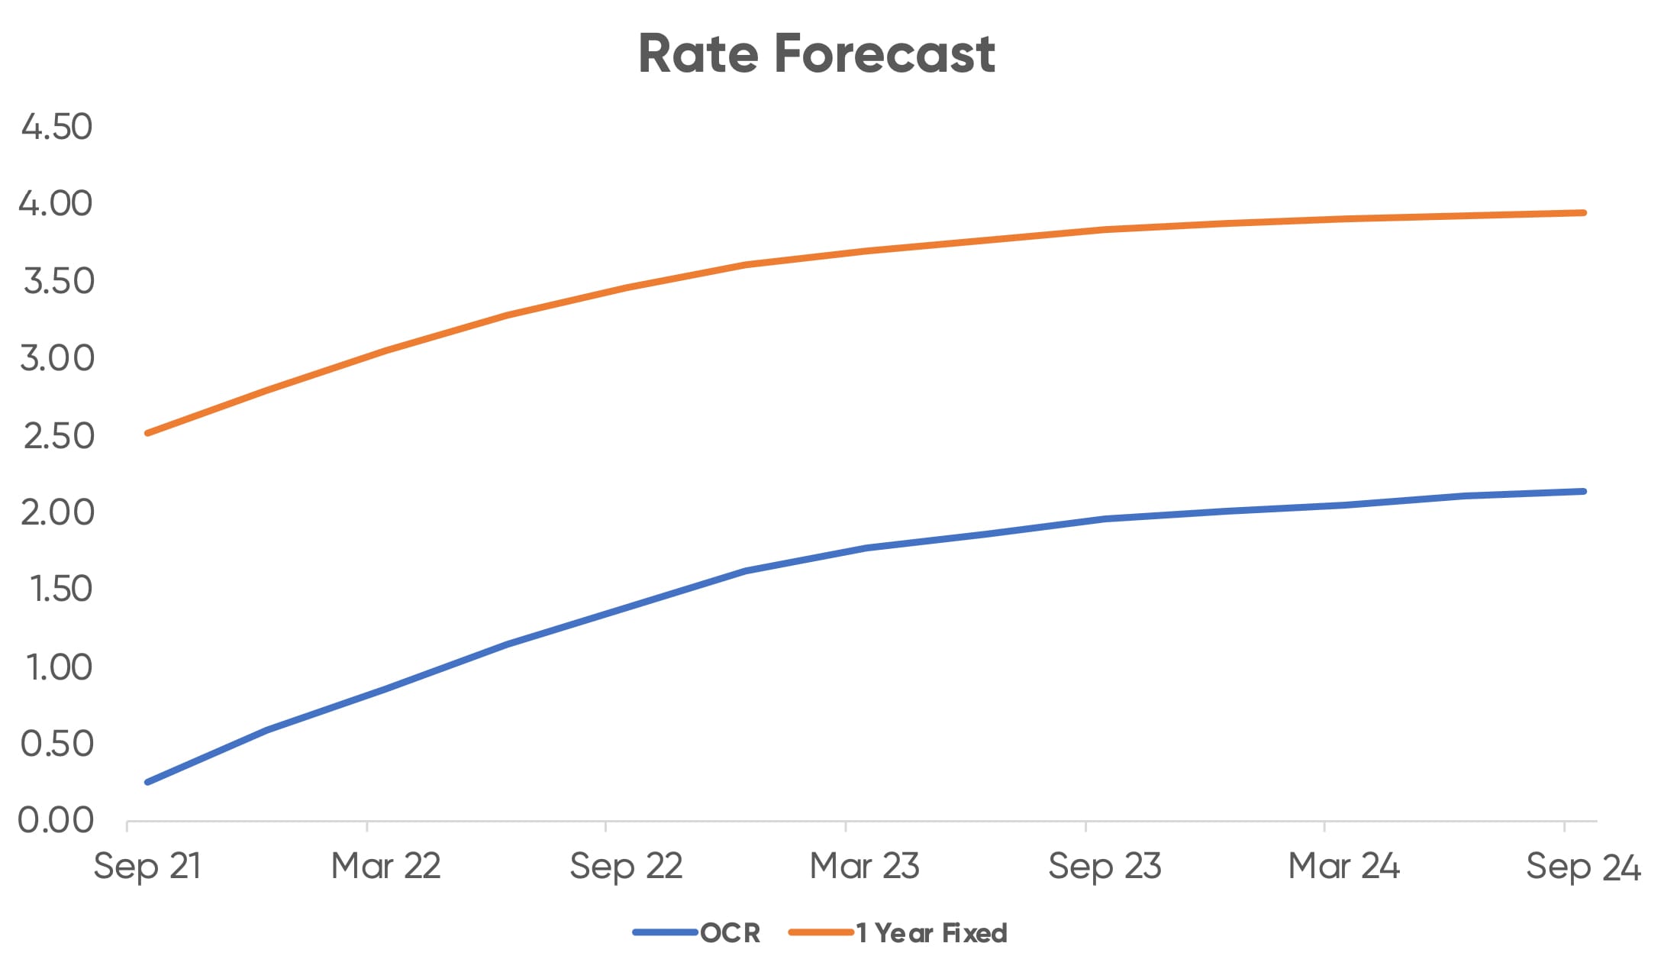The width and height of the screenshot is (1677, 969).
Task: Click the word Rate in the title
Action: pos(698,54)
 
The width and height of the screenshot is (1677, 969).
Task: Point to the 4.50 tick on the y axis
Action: pos(56,127)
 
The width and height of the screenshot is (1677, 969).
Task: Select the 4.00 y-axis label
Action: pos(56,204)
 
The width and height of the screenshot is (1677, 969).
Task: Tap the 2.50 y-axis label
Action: pos(58,436)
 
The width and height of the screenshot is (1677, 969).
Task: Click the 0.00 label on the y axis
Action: pos(56,821)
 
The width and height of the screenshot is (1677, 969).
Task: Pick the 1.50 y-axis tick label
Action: pos(60,589)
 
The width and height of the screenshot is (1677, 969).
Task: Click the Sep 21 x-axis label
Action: pos(147,867)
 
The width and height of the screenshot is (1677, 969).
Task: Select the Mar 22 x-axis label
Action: pos(385,867)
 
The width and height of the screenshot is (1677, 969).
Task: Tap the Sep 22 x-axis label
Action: pos(626,867)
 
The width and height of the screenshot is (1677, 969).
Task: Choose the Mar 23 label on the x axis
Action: pos(864,867)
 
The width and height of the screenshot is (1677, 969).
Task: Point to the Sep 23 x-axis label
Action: pos(1105,867)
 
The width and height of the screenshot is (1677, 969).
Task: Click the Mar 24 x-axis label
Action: pos(1343,867)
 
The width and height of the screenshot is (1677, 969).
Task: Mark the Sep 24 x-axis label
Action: pos(1583,867)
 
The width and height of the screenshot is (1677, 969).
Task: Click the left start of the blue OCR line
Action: pos(147,782)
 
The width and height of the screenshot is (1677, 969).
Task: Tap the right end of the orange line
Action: pos(1584,213)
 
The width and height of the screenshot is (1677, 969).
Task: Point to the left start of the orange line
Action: pos(147,433)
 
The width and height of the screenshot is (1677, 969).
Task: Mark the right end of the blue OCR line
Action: pos(1584,491)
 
